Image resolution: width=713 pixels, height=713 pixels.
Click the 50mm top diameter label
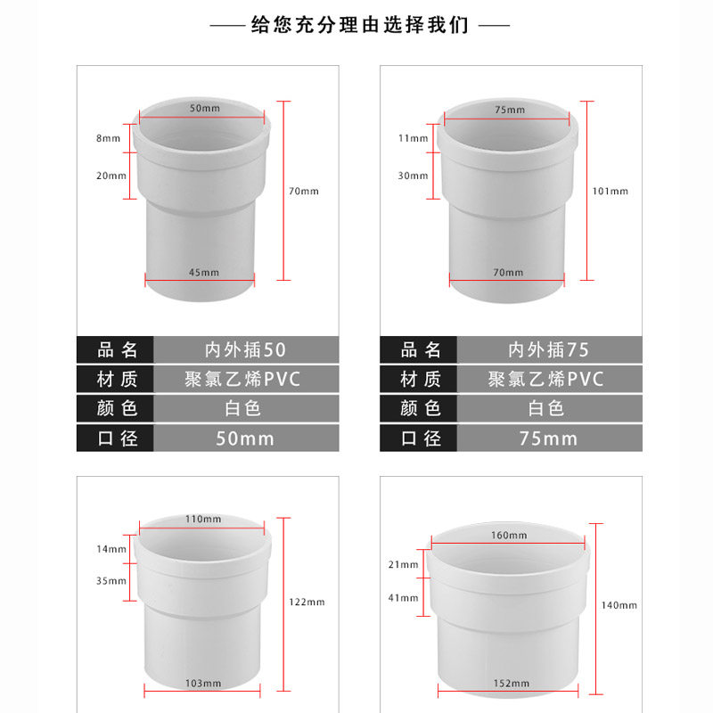[205, 108]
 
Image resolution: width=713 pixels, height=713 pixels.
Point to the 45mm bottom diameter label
[204, 273]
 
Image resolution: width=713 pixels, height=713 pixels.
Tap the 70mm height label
[304, 191]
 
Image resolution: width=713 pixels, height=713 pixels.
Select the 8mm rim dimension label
[108, 138]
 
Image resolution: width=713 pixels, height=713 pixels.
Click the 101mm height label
[610, 191]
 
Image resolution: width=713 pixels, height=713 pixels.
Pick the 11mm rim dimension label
[413, 138]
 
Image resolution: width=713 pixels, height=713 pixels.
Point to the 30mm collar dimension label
[413, 176]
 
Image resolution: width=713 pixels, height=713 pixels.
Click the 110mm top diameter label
[203, 519]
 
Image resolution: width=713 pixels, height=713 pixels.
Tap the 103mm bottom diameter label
[203, 683]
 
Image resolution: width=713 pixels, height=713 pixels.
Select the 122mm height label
[307, 602]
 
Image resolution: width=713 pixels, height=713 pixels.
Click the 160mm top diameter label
[509, 536]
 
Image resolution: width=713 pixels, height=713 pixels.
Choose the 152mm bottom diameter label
[511, 683]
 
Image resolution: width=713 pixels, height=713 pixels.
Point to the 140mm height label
[619, 605]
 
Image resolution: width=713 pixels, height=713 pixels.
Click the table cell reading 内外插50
[246, 349]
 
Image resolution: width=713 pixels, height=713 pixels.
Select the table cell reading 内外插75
[549, 349]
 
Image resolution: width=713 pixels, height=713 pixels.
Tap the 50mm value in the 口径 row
[246, 438]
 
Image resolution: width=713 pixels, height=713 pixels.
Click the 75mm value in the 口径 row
[549, 438]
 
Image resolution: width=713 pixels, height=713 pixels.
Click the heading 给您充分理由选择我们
[359, 25]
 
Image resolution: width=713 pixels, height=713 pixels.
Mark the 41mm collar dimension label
[403, 598]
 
